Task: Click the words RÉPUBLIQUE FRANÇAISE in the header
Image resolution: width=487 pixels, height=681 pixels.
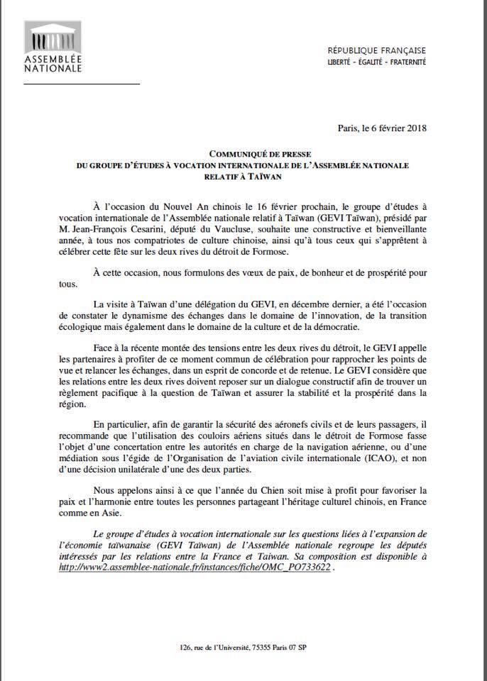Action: [x=376, y=50]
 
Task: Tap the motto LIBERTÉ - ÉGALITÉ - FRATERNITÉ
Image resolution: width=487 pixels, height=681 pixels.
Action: [x=376, y=62]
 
